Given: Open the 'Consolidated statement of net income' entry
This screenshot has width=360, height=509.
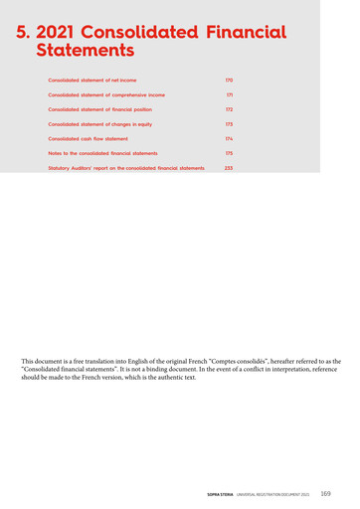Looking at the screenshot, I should point(91,79).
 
